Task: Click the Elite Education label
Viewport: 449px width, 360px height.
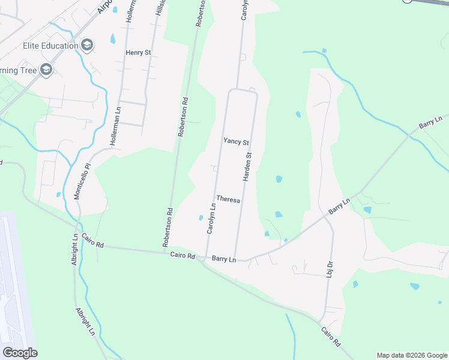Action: [x=50, y=46]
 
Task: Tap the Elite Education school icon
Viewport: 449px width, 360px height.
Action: [x=87, y=46]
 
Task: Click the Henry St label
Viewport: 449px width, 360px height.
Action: [x=138, y=53]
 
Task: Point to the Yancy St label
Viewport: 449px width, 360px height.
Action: [x=236, y=142]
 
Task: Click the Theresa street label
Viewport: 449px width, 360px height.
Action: [x=228, y=199]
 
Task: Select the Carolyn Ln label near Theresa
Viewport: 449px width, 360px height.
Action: [x=211, y=219]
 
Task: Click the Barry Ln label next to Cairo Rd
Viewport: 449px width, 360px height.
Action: [x=224, y=259]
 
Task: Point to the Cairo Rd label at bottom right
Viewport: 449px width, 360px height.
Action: [x=331, y=337]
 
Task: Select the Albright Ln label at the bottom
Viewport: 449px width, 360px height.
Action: [x=85, y=322]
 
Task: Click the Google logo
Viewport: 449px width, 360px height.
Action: [x=20, y=352]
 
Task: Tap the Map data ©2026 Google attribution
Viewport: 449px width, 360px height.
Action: [x=411, y=355]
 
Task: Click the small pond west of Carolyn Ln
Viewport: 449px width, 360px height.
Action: [x=200, y=218]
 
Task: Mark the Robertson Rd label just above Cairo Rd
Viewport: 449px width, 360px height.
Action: [x=167, y=227]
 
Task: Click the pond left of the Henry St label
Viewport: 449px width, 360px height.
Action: [x=113, y=40]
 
